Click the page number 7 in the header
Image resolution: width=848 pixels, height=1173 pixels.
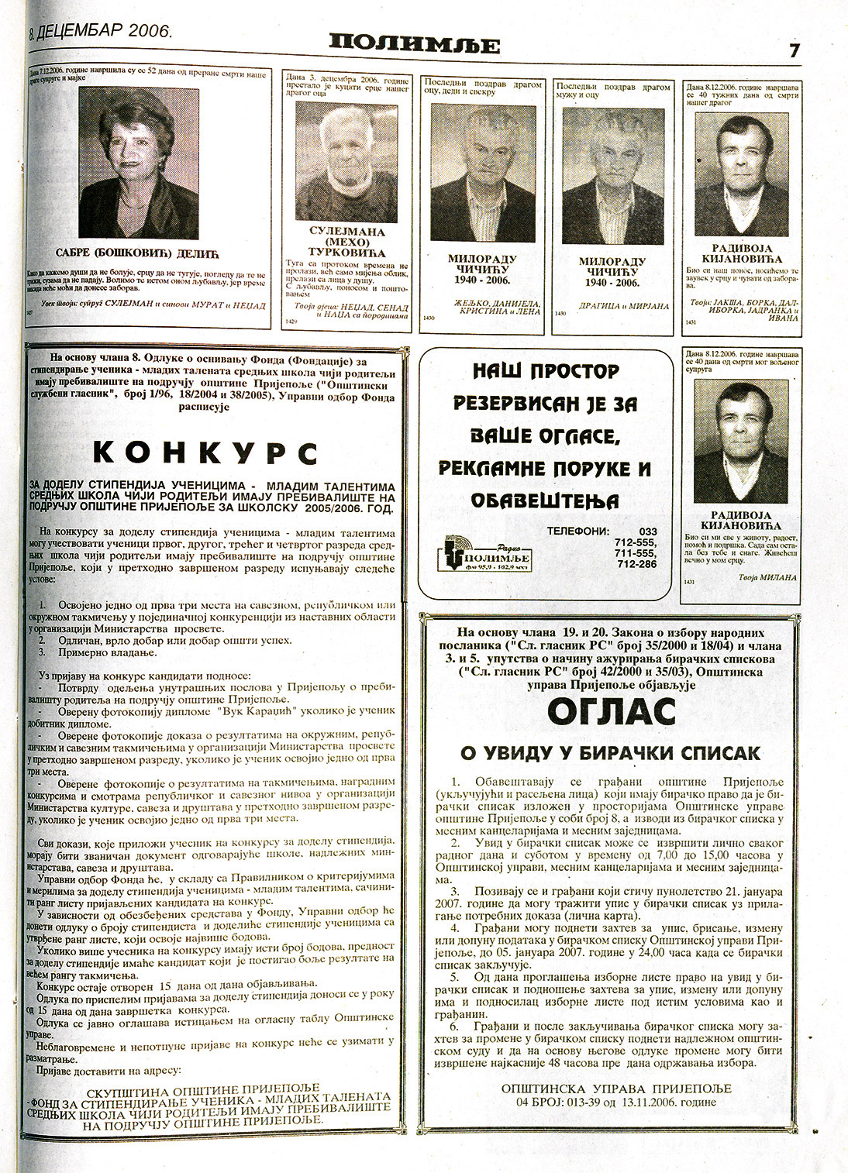[x=795, y=50]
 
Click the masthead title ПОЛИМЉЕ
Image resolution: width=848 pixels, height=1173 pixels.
[x=413, y=44]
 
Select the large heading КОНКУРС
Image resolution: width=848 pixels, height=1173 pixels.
[x=206, y=453]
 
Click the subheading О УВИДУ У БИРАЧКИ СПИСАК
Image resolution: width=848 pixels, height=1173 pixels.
[x=611, y=753]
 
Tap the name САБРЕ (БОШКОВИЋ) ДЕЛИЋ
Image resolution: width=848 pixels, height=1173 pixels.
[x=139, y=253]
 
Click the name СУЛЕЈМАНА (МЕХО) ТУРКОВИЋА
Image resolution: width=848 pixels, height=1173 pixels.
[x=346, y=242]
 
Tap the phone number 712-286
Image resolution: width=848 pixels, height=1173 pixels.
[x=636, y=564]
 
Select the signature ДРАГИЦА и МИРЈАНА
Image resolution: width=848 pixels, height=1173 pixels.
[x=612, y=306]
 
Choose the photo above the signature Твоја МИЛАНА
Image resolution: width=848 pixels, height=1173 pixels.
[x=740, y=442]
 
